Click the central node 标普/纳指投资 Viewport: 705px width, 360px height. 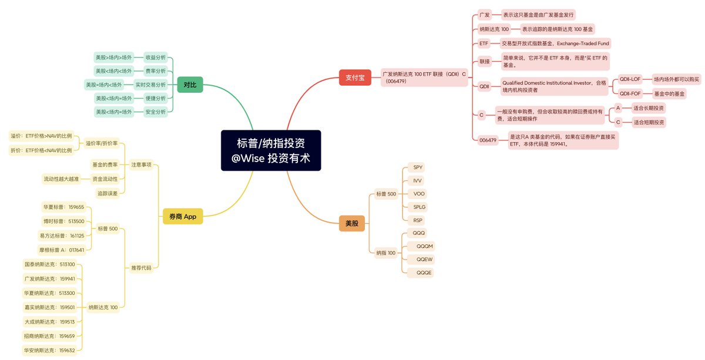click(x=271, y=150)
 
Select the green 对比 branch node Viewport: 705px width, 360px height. click(x=189, y=85)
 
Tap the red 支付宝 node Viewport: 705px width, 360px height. click(x=355, y=78)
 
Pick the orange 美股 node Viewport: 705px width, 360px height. click(x=351, y=223)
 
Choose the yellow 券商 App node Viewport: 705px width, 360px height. click(x=182, y=217)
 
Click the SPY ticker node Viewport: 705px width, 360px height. click(x=418, y=167)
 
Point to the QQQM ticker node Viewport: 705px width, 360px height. click(x=424, y=246)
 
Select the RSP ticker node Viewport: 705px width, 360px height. click(x=418, y=220)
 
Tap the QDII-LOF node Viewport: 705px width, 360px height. click(x=630, y=79)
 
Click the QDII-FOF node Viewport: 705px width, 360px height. click(x=630, y=93)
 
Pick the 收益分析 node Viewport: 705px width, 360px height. click(x=155, y=58)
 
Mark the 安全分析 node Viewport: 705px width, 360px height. click(x=155, y=112)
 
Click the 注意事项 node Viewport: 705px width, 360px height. click(x=141, y=164)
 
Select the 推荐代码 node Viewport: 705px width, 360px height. click(x=141, y=268)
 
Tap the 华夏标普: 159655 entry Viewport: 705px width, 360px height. click(x=63, y=207)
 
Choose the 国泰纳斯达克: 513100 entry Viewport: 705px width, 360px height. click(x=53, y=264)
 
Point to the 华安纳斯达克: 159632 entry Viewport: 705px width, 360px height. click(x=49, y=351)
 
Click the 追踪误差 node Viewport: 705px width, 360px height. click(x=107, y=193)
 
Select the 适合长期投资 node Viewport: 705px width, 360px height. click(x=649, y=108)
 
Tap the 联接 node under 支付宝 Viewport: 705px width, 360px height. click(x=484, y=61)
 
